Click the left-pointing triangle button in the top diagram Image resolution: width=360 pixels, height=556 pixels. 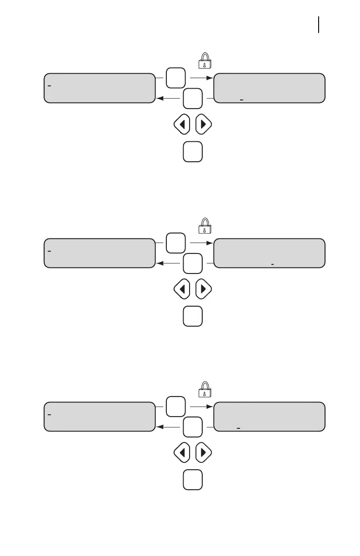tap(182, 125)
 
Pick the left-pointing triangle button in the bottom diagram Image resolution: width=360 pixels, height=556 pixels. tap(182, 453)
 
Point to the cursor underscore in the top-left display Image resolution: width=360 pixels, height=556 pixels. tap(49, 85)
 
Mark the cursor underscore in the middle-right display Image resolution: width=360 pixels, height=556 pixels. tap(272, 263)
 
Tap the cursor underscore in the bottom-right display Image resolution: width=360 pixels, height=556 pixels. tap(238, 427)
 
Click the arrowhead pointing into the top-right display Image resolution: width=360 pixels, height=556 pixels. tap(210, 78)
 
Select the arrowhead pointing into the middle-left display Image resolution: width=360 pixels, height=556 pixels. tap(159, 263)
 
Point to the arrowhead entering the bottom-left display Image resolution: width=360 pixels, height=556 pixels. tap(159, 427)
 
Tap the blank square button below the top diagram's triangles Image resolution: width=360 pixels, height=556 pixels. tap(193, 152)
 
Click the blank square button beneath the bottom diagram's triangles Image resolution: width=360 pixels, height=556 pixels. tap(193, 481)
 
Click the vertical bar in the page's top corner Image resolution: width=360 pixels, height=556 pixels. tap(319, 25)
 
